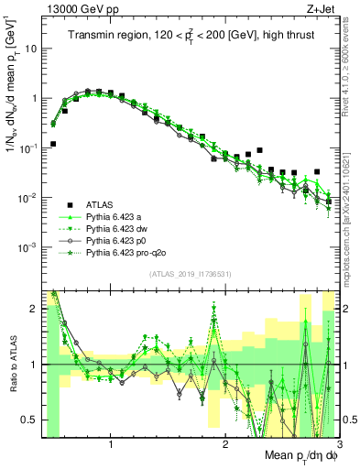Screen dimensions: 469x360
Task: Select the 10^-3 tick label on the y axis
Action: pyautogui.click(x=29, y=247)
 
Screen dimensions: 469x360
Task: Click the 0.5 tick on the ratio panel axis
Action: pyautogui.click(x=29, y=420)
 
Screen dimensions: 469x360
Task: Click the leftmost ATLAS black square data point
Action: pyautogui.click(x=53, y=144)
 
